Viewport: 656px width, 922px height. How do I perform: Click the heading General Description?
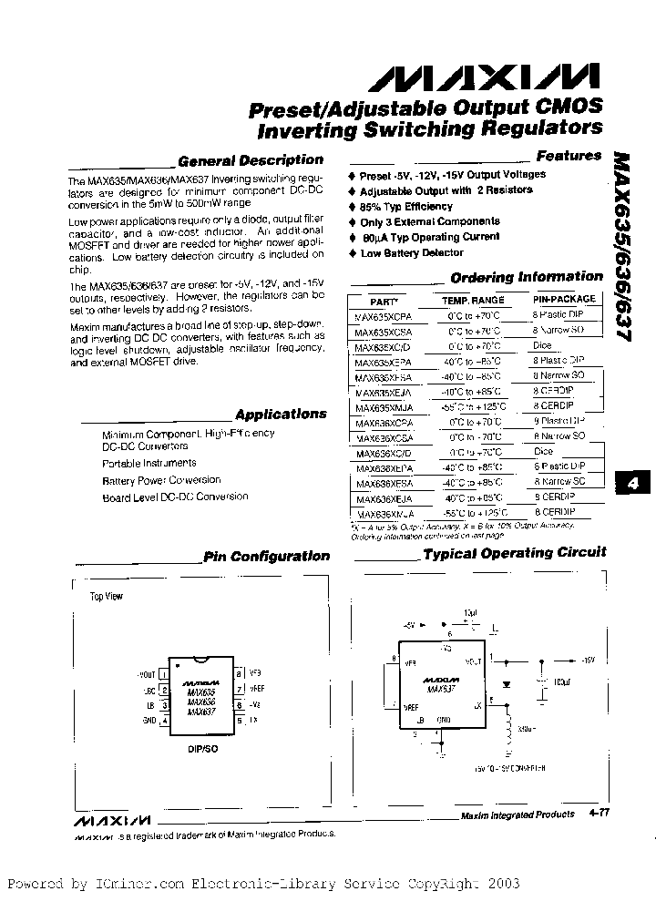coord(251,160)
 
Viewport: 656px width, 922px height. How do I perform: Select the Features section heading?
coord(569,156)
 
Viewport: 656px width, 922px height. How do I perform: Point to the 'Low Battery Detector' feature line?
coord(412,252)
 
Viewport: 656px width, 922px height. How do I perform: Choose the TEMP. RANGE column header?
coord(473,300)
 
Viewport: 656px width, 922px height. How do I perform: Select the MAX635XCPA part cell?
coord(383,316)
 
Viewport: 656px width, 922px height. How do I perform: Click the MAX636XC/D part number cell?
coord(383,453)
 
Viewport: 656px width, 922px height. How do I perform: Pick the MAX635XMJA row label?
coord(383,407)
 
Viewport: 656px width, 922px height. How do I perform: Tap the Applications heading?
coord(280,414)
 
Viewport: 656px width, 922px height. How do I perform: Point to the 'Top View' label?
coord(106,597)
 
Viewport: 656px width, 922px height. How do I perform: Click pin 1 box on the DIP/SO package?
coord(164,675)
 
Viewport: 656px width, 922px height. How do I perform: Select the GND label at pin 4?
coord(149,721)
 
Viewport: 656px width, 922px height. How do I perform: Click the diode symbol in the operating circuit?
coord(507,681)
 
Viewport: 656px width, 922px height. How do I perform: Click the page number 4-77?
coord(600,814)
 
